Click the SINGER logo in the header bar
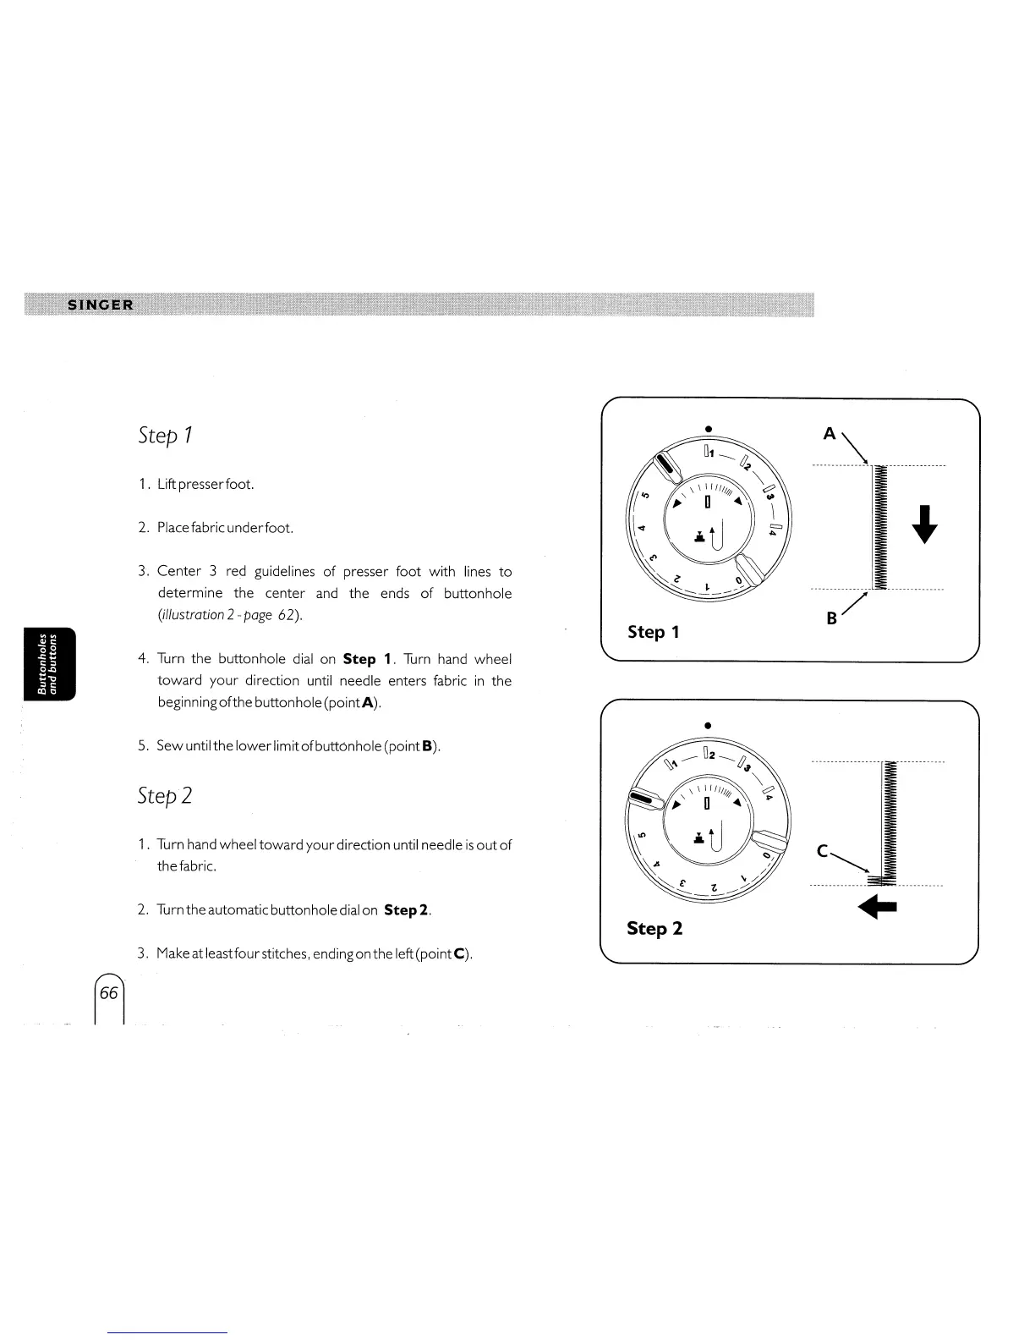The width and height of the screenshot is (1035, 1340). tap(100, 305)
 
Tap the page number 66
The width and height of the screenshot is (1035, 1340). tap(109, 993)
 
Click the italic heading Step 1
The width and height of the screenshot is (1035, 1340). tap(166, 436)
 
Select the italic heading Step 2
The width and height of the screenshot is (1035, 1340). tap(165, 796)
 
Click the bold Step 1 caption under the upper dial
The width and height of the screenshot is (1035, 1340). tap(653, 632)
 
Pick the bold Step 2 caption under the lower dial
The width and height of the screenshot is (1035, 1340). tap(654, 928)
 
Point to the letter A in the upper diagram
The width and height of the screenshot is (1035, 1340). tap(830, 434)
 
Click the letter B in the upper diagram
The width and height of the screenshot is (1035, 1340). tap(831, 618)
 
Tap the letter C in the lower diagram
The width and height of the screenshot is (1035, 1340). tap(823, 853)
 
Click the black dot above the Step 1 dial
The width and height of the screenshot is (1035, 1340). tap(708, 428)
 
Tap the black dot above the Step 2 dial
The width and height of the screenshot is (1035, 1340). tap(708, 725)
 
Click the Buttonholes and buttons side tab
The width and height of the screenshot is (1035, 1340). tap(50, 664)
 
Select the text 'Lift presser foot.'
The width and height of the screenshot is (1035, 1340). tap(205, 485)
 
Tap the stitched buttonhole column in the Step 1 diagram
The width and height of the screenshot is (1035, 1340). tap(879, 526)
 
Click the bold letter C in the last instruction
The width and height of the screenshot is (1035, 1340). tap(459, 954)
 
